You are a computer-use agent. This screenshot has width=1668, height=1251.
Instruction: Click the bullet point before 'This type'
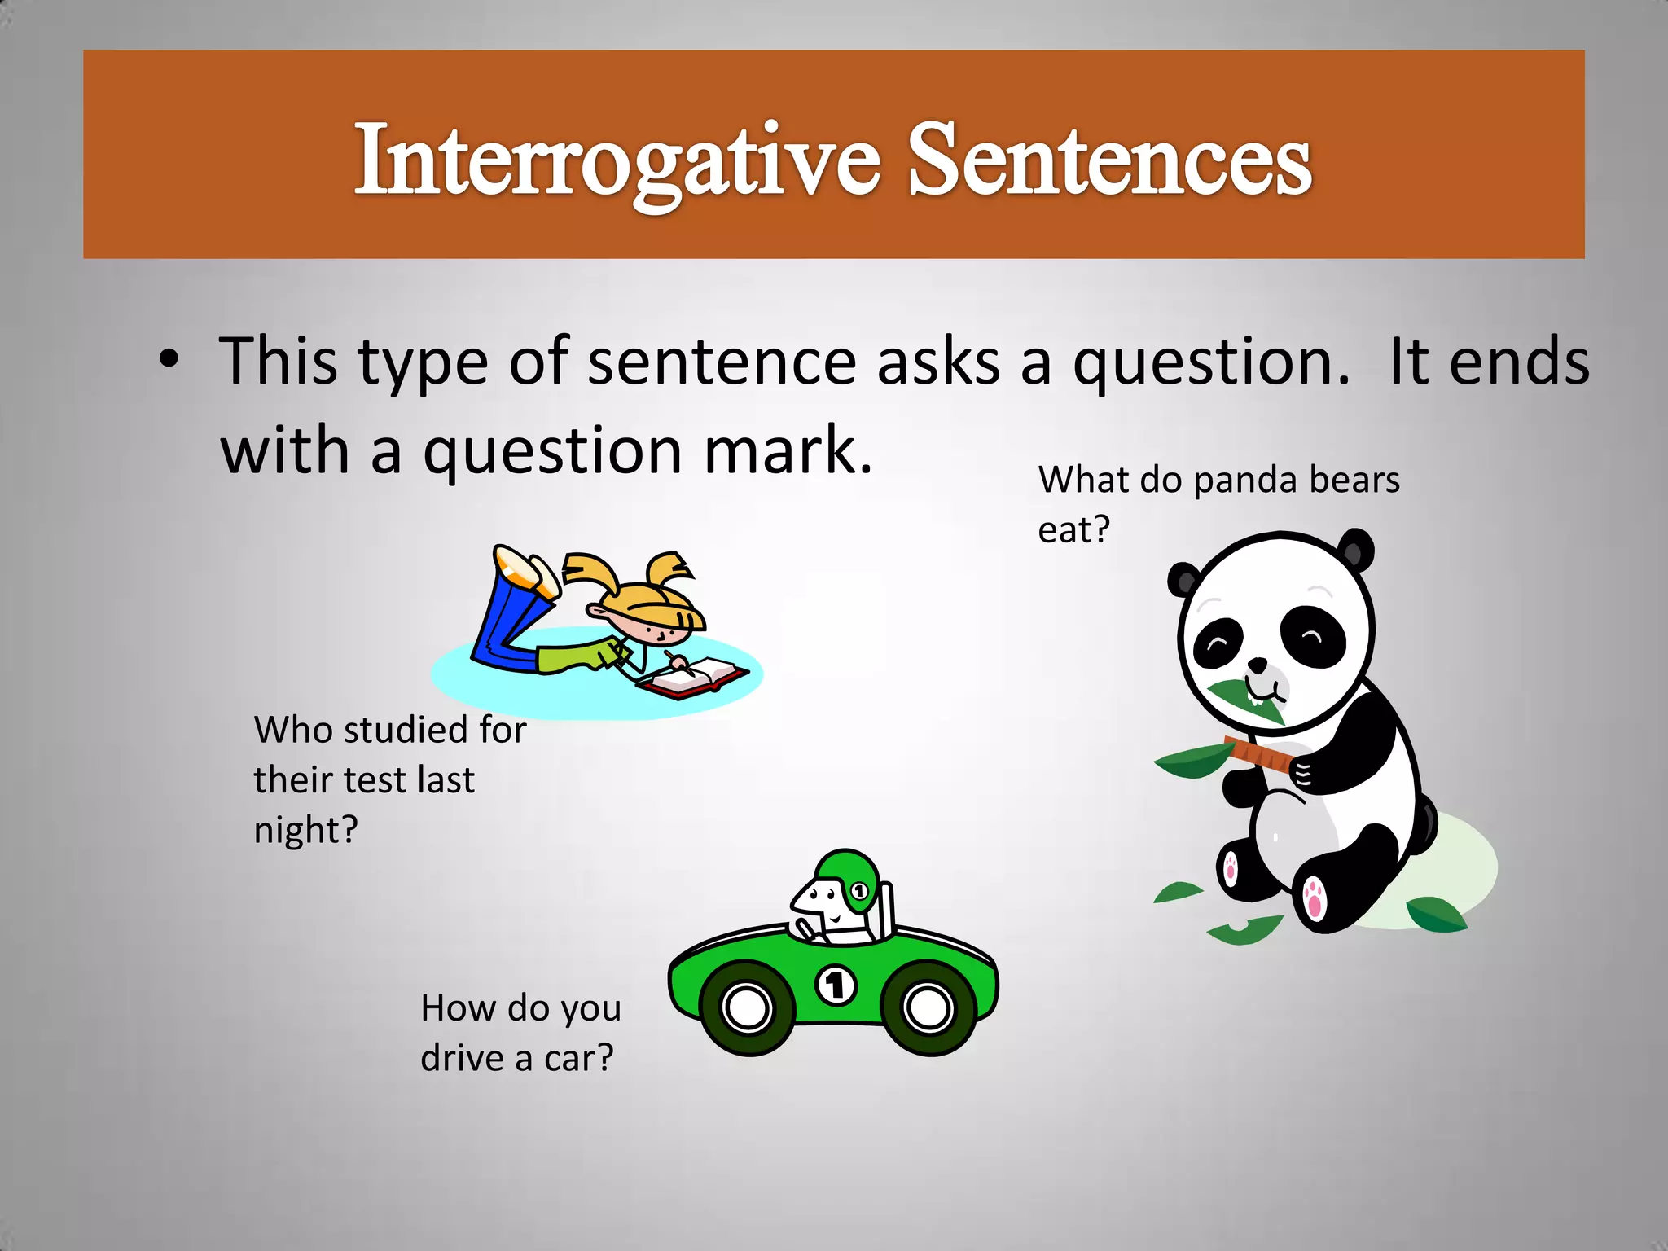tap(169, 360)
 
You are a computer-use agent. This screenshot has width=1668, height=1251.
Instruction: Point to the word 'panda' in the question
tap(1247, 481)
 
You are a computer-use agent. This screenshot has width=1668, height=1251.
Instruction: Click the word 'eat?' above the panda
tap(1073, 530)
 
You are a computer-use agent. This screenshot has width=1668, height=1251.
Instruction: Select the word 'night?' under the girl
tap(305, 831)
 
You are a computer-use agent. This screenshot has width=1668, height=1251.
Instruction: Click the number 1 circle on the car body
tap(836, 985)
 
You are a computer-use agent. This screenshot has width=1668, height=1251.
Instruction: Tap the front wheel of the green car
tap(747, 1007)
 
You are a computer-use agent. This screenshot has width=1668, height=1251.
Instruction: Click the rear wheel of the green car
tap(928, 1007)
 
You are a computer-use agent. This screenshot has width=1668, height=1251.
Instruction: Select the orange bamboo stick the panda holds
tap(1258, 753)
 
